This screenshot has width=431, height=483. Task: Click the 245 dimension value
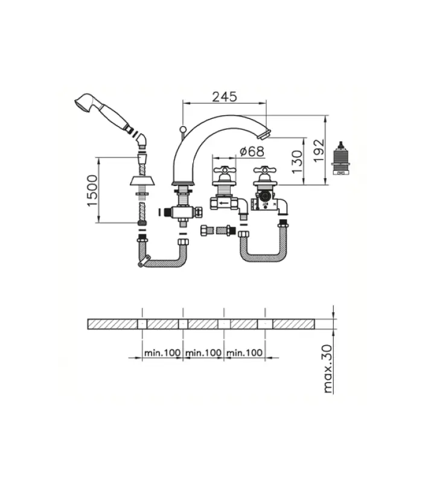click(x=224, y=97)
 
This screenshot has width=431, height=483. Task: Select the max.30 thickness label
click(x=328, y=369)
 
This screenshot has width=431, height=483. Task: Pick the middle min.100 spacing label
click(x=203, y=352)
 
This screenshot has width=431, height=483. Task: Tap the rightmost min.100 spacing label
click(x=244, y=352)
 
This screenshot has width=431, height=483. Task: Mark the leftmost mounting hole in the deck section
click(x=142, y=324)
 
